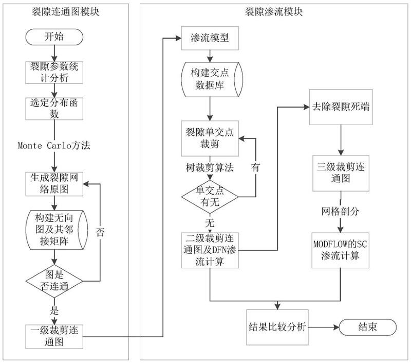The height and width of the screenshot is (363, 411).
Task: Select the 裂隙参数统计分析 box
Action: point(53,72)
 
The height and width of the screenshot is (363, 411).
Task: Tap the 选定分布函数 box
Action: point(53,108)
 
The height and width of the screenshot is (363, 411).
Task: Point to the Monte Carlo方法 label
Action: point(54,145)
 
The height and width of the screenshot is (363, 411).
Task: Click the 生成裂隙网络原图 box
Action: point(53,183)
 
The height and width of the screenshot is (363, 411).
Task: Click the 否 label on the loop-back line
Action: point(100,232)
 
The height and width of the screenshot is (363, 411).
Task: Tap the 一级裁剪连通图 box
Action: point(53,334)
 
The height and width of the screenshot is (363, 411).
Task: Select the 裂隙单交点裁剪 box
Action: point(209,137)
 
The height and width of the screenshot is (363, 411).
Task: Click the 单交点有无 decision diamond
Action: point(209,196)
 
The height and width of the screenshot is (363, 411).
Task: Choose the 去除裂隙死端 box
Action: point(341,108)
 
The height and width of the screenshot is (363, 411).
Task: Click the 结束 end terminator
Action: point(366,327)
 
